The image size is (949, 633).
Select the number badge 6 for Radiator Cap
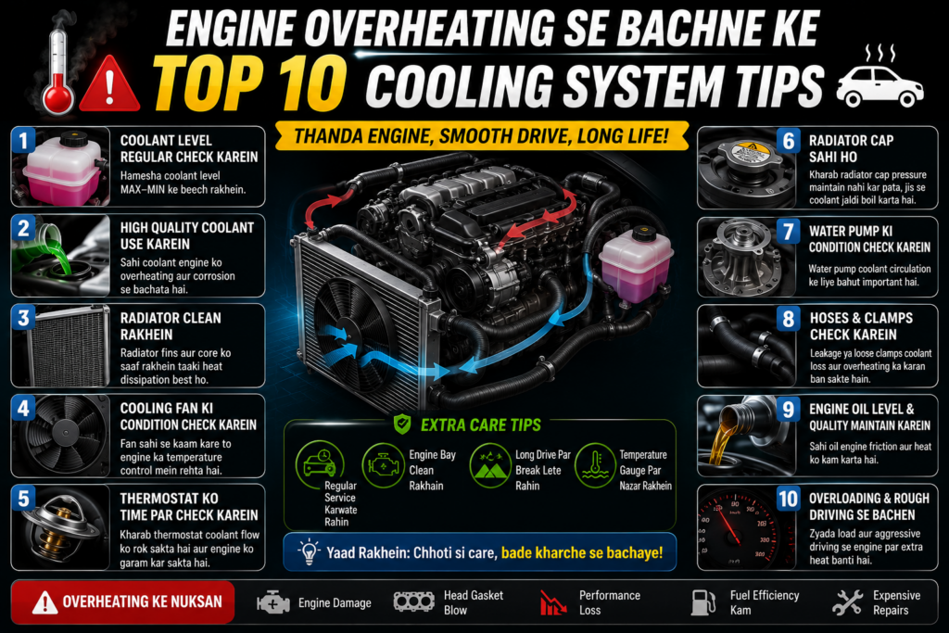coord(788,141)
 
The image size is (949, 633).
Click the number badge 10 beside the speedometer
coord(788,499)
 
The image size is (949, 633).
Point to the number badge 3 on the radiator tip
coord(23,318)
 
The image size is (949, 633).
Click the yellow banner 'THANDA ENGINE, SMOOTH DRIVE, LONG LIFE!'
coord(482,136)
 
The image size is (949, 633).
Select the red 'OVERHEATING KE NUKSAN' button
coord(123,602)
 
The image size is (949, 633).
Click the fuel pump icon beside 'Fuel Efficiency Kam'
coord(703,602)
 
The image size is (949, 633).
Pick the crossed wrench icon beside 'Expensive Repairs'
coord(847,602)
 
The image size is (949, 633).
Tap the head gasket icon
coord(414,601)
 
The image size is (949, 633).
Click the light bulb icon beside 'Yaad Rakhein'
coord(309,552)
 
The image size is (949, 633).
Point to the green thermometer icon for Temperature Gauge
coord(595,465)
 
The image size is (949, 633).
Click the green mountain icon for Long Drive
coord(490,465)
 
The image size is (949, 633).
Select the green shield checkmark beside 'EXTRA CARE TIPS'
coord(402,424)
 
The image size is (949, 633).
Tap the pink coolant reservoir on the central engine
coord(635,265)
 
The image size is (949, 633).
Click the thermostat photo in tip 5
coord(60,527)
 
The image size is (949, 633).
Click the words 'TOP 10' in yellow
coord(250,82)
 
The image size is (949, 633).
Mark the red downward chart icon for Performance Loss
coord(553,602)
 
